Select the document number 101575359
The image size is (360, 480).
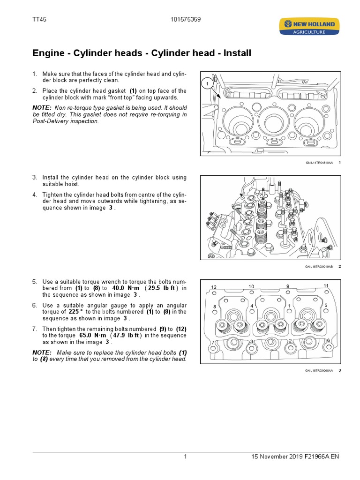click(x=186, y=19)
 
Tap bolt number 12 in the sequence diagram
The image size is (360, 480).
click(x=214, y=287)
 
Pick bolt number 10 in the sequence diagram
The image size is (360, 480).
click(x=251, y=286)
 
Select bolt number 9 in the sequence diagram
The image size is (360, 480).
click(x=288, y=286)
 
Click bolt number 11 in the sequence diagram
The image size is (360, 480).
click(x=326, y=286)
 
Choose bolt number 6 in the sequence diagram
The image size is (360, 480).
click(x=328, y=340)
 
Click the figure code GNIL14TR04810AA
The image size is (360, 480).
click(x=319, y=163)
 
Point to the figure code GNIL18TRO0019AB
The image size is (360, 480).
click(x=319, y=267)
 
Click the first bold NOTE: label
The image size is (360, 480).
click(x=41, y=107)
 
